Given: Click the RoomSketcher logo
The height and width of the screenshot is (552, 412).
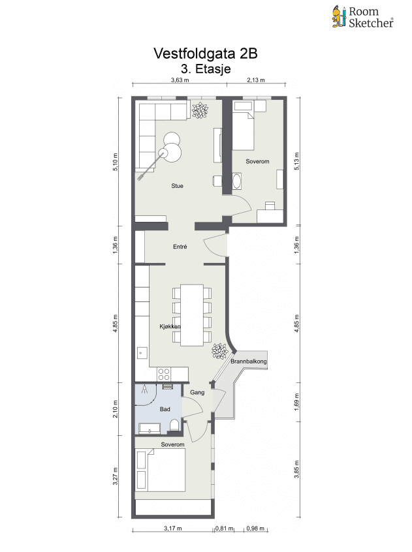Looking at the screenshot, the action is tap(362, 17).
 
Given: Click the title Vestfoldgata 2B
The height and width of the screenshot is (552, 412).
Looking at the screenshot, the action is tap(206, 54).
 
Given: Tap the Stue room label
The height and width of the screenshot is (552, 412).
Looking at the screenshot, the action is tap(177, 186).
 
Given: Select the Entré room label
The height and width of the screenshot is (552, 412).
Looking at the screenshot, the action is tap(180, 247).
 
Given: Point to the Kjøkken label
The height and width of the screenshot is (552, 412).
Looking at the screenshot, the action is tap(170, 327).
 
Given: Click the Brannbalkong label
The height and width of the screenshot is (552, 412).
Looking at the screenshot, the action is tap(249, 361).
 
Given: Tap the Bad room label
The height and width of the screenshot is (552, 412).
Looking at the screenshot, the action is tap(165, 409).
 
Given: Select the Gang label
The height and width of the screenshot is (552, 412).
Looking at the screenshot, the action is tap(197, 393).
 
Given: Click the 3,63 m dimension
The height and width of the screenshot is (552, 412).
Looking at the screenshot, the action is tap(180, 80).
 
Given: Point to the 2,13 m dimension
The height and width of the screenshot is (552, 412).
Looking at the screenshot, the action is tap(256, 80).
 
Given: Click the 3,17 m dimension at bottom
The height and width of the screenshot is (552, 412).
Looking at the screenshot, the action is tap(173, 529).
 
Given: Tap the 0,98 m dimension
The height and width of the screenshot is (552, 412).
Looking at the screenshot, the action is tap(255, 529).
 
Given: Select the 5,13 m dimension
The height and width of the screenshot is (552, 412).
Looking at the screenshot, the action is tap(297, 162).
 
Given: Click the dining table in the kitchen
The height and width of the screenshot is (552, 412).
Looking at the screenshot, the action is tap(192, 315).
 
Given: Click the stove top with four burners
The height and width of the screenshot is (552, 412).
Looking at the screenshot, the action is tap(164, 374).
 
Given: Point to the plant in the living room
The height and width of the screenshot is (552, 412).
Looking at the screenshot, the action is tap(200, 110).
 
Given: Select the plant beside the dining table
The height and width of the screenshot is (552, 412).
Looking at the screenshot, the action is tap(220, 351).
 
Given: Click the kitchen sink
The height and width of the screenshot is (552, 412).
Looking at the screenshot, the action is tap(142, 352).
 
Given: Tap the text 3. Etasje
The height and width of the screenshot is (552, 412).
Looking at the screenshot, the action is tap(206, 69).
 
